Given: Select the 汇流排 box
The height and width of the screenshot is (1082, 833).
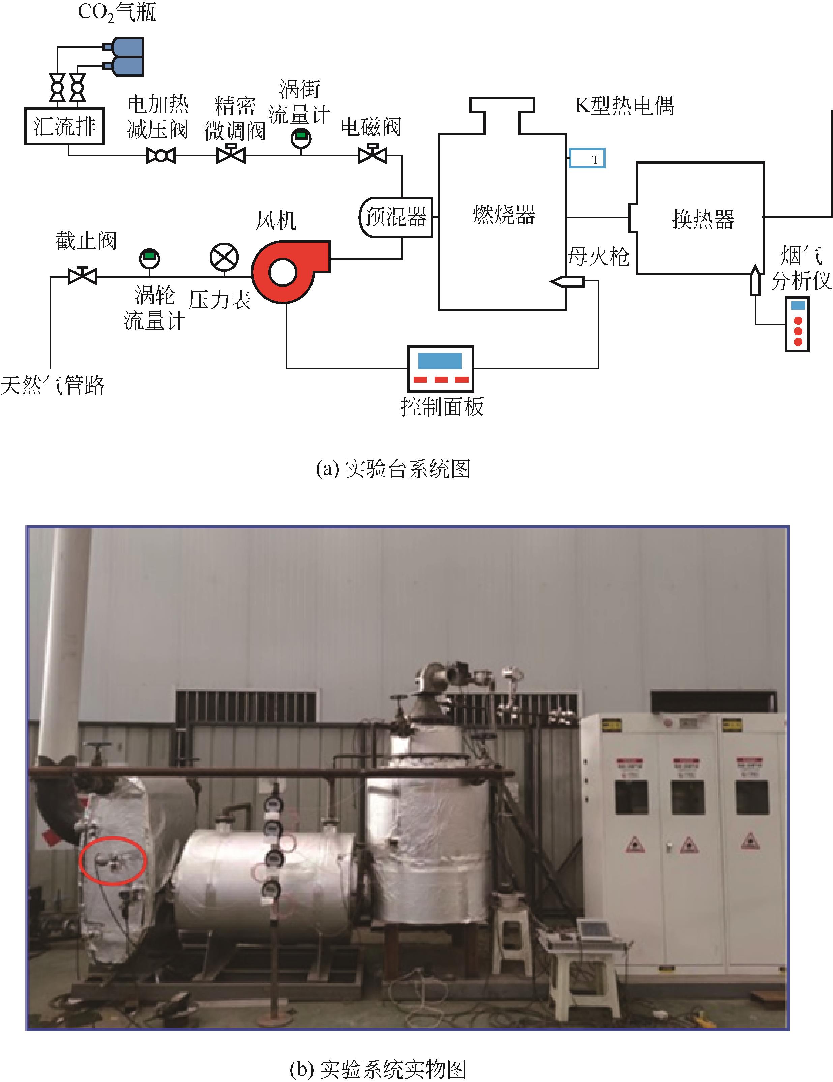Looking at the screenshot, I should coord(64,126).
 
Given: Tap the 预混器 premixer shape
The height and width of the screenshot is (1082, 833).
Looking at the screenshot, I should coord(395,216).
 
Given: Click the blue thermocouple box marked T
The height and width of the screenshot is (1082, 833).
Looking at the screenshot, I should coord(587,158).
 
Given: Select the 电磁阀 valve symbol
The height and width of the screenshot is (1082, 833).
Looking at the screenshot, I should coord(372,155).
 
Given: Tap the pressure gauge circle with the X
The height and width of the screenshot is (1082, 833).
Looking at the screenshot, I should coord(224,258).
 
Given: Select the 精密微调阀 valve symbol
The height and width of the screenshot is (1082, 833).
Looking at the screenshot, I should coord(231,155).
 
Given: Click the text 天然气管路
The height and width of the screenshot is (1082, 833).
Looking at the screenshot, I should coord(53,385).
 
